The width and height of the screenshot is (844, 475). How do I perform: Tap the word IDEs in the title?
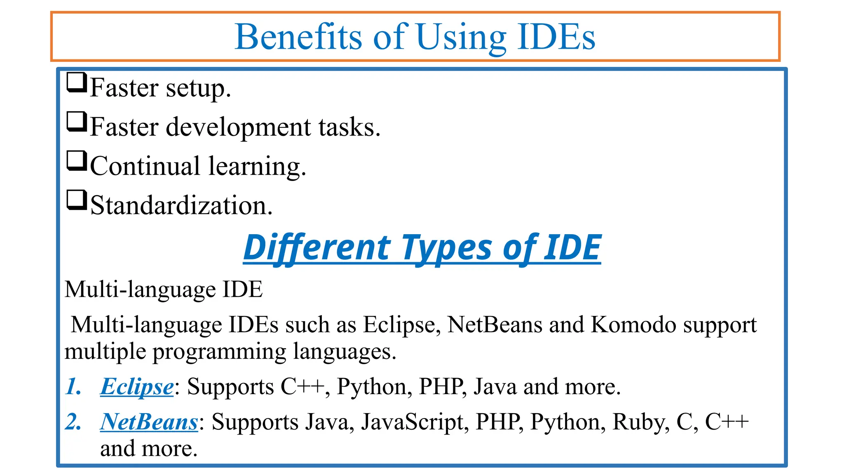[556, 37]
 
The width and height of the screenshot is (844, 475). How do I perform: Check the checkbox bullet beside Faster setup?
[77, 82]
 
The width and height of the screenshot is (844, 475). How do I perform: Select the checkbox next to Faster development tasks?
[77, 122]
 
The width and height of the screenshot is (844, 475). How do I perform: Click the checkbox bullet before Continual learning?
[77, 161]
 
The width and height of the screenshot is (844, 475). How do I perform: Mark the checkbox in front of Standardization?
[77, 200]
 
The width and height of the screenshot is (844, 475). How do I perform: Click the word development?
[238, 127]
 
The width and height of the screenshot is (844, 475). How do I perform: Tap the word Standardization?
[181, 205]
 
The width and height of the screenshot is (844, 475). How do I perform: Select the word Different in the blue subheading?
[316, 247]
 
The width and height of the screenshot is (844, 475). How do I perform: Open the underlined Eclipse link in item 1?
[137, 387]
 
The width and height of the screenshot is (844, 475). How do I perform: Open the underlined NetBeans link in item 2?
[149, 422]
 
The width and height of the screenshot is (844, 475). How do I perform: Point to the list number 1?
[73, 387]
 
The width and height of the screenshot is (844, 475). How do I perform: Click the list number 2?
[73, 422]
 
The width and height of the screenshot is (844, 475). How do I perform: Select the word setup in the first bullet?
[198, 88]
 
